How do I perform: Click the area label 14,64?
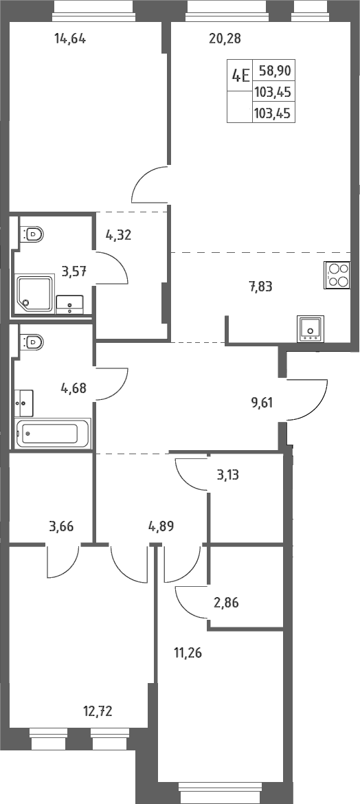pos(70,38)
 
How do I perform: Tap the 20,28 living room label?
pos(225,38)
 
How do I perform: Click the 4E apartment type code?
pos(240,76)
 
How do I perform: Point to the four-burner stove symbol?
pos(337,276)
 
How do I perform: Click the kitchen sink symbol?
pos(309,328)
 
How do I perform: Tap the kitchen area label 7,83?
pos(260,287)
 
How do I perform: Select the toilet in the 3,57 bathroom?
pos(32,234)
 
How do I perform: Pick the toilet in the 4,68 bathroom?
pos(32,340)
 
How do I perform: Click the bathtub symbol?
pos(54,434)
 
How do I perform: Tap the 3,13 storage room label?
pos(228,475)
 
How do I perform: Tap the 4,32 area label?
pos(119,235)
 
